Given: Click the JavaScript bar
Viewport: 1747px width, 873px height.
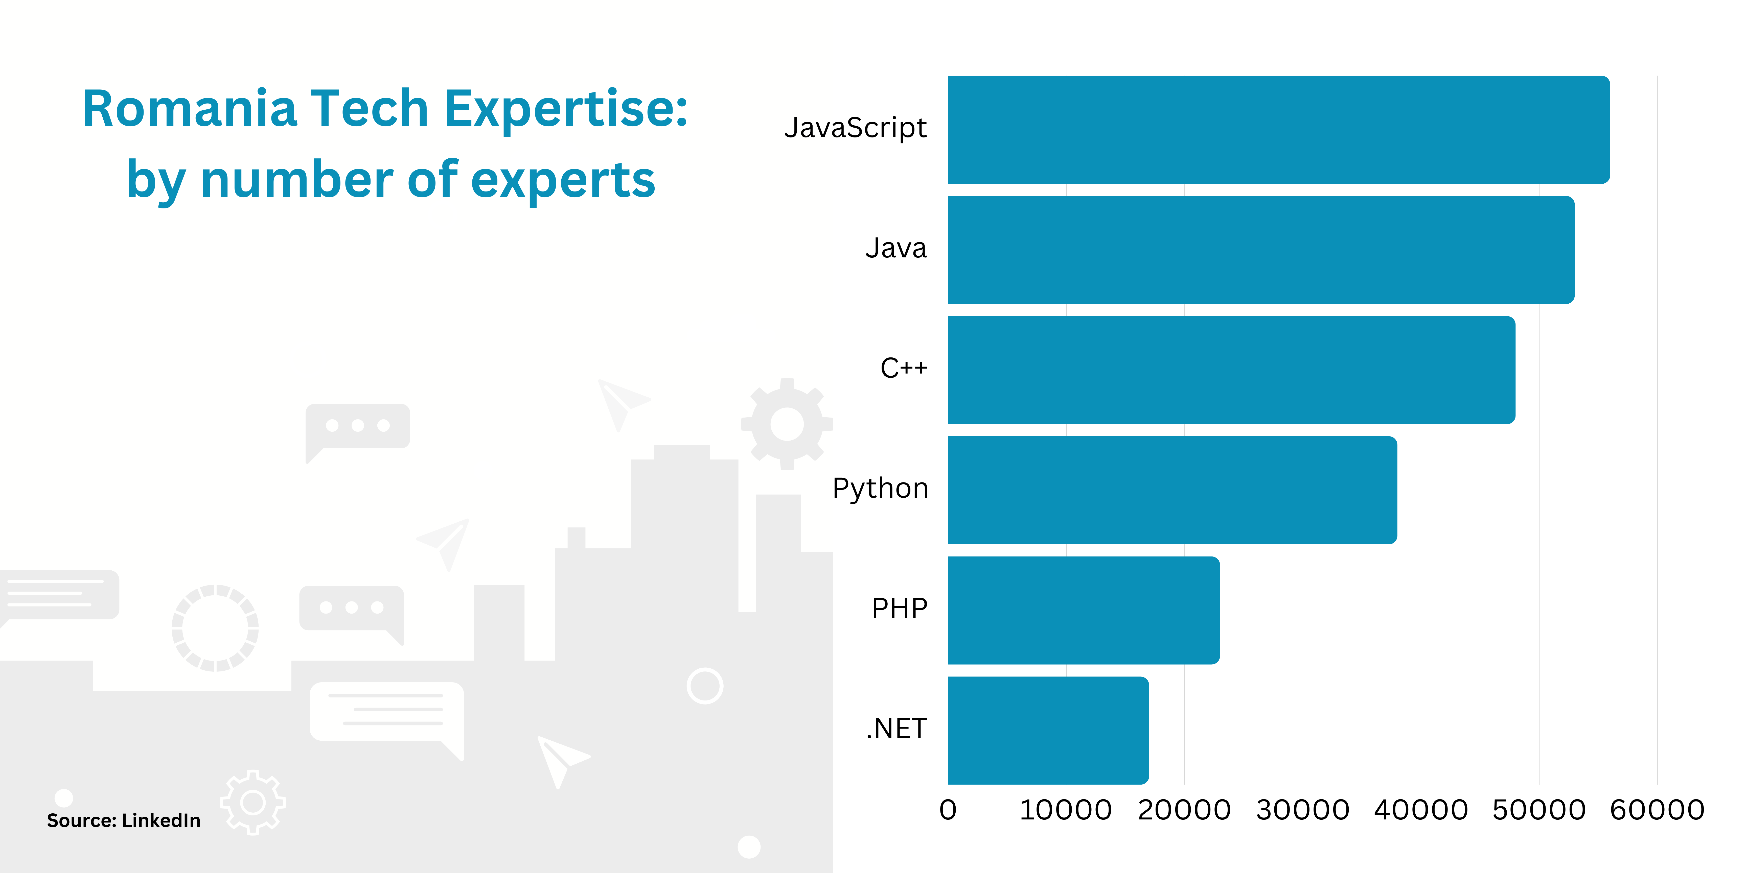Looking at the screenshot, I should [1278, 129].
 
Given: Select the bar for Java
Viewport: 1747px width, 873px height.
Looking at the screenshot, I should [1261, 249].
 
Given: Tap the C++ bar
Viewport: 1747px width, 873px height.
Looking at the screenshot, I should [1231, 370].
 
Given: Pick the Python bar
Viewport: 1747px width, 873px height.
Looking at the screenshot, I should [1172, 490].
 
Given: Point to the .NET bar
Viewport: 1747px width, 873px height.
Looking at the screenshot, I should [1048, 730].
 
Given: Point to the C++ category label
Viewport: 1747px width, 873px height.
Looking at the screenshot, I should [903, 368].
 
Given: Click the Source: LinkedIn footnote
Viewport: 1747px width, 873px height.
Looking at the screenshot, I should [123, 821].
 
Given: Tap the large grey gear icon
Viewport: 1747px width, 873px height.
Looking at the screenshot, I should [787, 424].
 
